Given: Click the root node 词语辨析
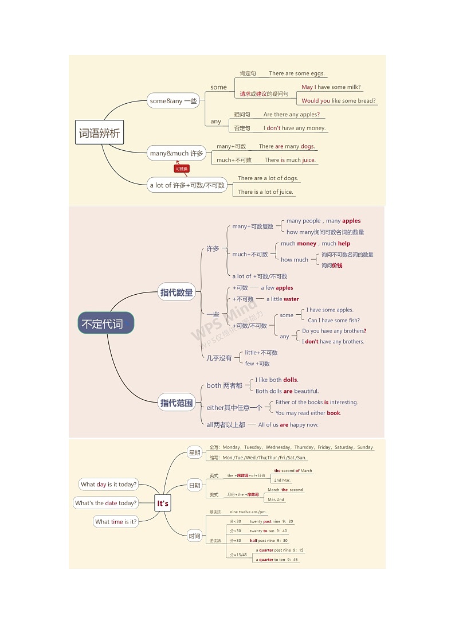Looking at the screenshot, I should pyautogui.click(x=99, y=134).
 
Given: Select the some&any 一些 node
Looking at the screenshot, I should pyautogui.click(x=173, y=101).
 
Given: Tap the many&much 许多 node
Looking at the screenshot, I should pyautogui.click(x=176, y=153).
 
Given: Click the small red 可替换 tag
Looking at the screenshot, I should pyautogui.click(x=182, y=169).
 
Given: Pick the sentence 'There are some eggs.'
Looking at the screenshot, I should pyautogui.click(x=297, y=73).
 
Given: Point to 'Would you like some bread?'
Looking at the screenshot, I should pyautogui.click(x=339, y=101).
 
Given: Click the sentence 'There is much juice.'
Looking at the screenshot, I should pyautogui.click(x=290, y=160).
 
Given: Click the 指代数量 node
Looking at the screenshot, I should pyautogui.click(x=177, y=293).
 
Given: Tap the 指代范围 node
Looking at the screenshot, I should pyautogui.click(x=176, y=403).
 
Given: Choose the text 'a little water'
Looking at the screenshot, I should pyautogui.click(x=283, y=299).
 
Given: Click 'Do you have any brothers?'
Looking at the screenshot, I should pyautogui.click(x=334, y=331).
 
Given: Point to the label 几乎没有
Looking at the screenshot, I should pyautogui.click(x=219, y=358).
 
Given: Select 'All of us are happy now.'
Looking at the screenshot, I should pyautogui.click(x=288, y=425).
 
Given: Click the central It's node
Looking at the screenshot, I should pyautogui.click(x=163, y=504).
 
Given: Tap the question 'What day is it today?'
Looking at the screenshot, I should pyautogui.click(x=109, y=485).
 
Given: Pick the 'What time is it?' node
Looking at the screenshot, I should pyautogui.click(x=116, y=522).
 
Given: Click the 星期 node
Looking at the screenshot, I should pyautogui.click(x=195, y=453).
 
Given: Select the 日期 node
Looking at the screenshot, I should pyautogui.click(x=195, y=486).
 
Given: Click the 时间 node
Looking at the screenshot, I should pyautogui.click(x=195, y=536).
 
